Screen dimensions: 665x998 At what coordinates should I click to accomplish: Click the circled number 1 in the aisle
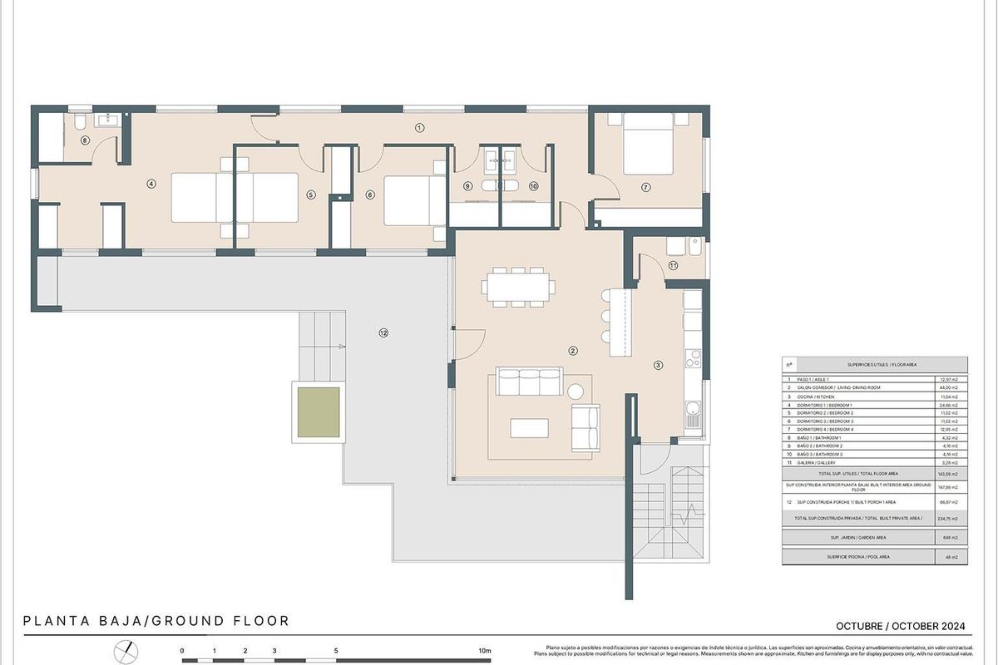click(419, 127)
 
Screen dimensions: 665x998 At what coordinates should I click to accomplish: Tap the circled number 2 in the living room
click(573, 351)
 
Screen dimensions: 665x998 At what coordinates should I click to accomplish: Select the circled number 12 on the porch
click(383, 332)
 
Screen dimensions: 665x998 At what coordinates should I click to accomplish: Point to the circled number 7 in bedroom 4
click(645, 187)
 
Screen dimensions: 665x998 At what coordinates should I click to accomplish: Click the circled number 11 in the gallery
click(673, 265)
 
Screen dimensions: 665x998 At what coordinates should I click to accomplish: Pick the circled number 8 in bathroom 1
click(85, 140)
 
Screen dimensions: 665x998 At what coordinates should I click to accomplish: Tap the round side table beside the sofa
click(575, 391)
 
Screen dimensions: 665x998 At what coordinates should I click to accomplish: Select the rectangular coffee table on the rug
click(529, 427)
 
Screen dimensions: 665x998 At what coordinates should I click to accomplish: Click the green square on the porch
click(319, 411)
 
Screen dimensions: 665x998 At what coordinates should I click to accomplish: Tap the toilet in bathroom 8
click(77, 123)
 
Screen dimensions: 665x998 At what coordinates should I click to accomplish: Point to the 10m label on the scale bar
click(485, 650)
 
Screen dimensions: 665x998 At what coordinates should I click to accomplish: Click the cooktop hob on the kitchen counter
click(693, 358)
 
